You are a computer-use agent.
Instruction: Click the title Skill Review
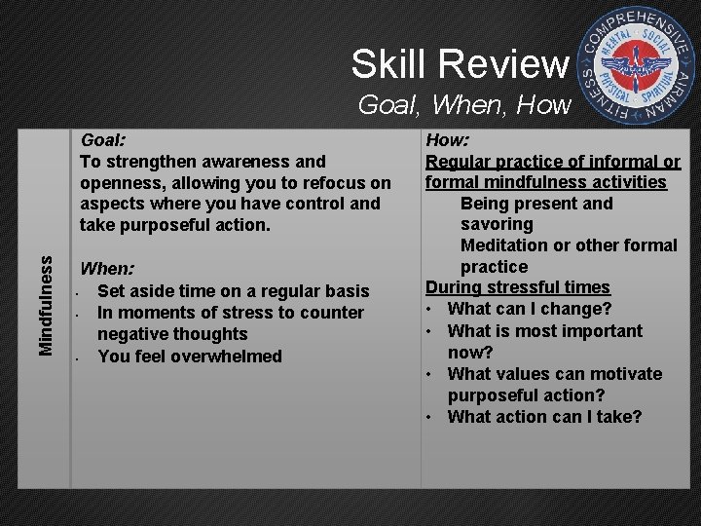tap(459, 64)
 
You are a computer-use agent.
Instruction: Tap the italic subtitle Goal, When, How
tap(463, 105)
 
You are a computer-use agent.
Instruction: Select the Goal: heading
tap(102, 139)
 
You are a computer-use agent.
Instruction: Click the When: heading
tap(107, 268)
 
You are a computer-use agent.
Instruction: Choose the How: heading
tap(448, 139)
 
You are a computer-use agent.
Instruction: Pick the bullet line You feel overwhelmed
tap(189, 356)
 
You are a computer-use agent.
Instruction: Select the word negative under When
tap(131, 334)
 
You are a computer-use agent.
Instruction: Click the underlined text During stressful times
tap(518, 287)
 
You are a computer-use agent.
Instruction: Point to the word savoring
tap(497, 224)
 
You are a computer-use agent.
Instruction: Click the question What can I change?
tap(529, 309)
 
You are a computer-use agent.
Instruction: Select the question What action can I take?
tap(544, 417)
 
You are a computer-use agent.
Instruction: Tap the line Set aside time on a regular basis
tap(233, 290)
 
